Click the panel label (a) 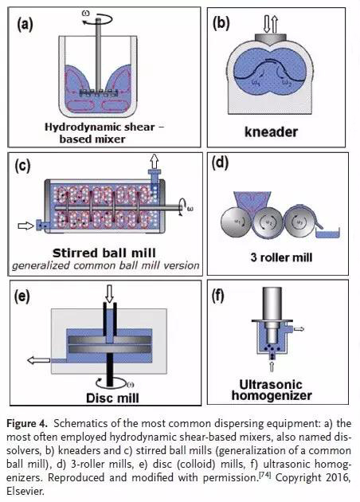(25, 25)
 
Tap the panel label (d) (220, 163)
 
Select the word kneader (271, 131)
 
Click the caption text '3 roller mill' (281, 257)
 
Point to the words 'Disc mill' (112, 398)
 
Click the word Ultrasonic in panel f (271, 384)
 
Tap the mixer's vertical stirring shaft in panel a (98, 54)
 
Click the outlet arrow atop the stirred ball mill (155, 161)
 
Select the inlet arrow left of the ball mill (26, 226)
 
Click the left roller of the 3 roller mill (236, 222)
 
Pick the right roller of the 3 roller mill (298, 222)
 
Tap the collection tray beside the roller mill (327, 233)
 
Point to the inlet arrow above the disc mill (109, 294)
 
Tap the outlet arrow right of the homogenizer (299, 329)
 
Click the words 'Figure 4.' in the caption (27, 424)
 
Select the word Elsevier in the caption (25, 491)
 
